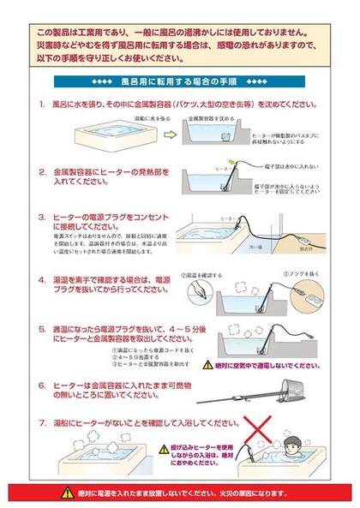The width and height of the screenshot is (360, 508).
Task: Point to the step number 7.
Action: (x=43, y=423)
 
